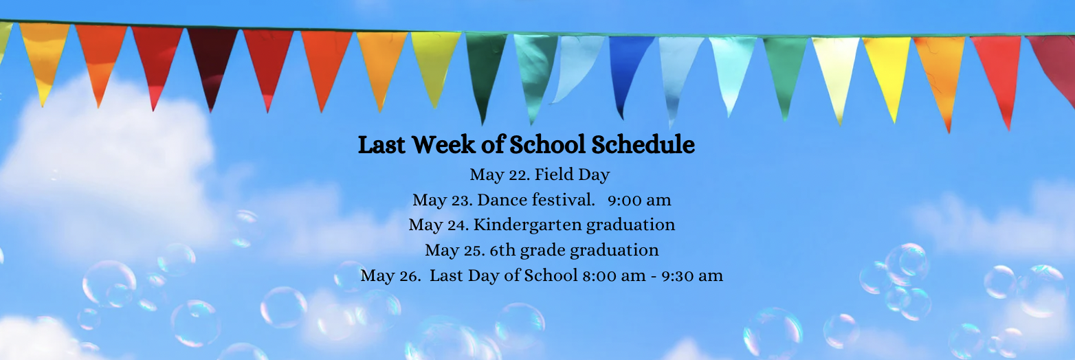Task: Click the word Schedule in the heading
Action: tap(643, 144)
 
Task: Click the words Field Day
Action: tap(572, 175)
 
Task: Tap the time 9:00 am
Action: tap(639, 200)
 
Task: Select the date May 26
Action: tap(390, 275)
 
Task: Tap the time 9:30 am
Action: tap(692, 275)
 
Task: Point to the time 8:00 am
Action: tap(614, 275)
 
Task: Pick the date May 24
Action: tap(439, 225)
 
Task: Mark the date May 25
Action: tap(455, 251)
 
